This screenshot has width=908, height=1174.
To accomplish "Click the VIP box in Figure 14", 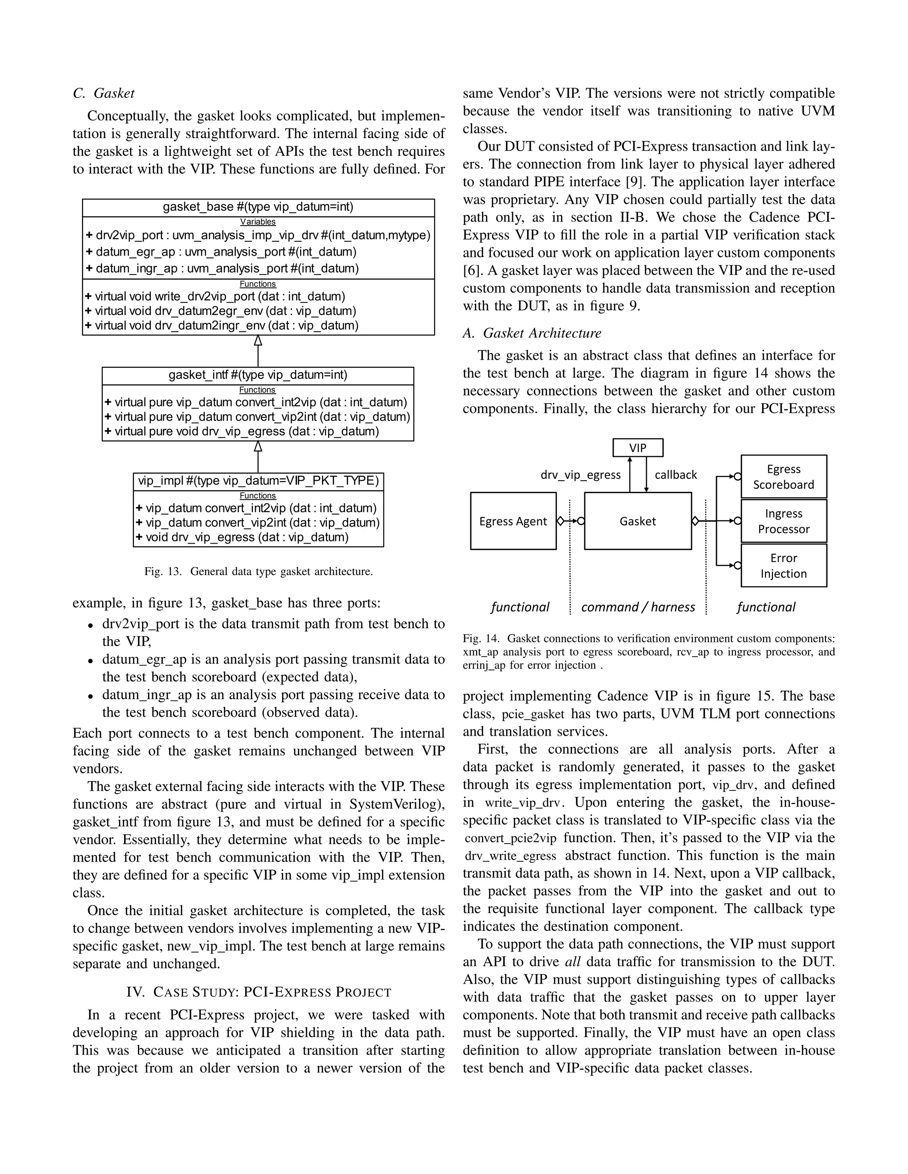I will coord(638,448).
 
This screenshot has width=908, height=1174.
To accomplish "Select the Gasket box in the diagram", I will coord(638,521).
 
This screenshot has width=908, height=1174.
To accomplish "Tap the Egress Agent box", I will coord(513,521).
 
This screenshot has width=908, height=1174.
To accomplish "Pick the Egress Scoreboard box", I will coord(783,477).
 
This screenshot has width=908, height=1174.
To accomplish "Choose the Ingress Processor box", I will coord(783,521).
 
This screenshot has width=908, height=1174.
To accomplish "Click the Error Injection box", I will coord(783,565).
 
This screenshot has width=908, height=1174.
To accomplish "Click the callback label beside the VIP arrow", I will coord(676,474).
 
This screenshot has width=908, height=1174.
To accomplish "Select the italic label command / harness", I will coord(638,607).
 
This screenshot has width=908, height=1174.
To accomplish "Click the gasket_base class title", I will coord(258,207).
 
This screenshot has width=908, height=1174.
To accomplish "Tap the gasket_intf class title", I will coord(258,375).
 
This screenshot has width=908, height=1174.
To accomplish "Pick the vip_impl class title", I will coord(258,481).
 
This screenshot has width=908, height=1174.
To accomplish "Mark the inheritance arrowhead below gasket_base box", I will coord(258,340).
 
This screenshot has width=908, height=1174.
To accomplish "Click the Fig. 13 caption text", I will coord(258,571).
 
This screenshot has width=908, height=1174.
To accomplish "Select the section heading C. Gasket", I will coord(103,93).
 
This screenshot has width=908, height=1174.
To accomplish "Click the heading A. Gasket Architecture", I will coord(532,333).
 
